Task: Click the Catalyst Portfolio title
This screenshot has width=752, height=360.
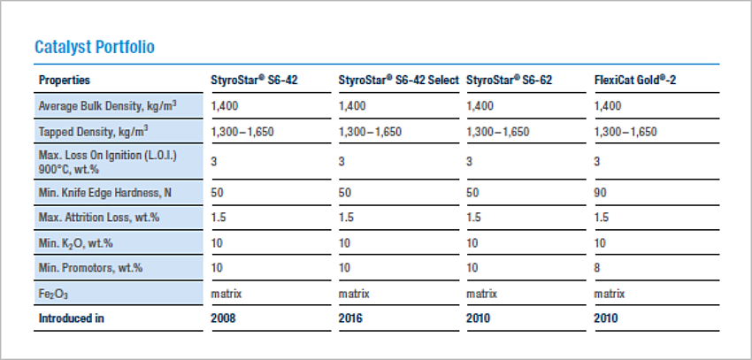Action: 95,47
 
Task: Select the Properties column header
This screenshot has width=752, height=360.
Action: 65,80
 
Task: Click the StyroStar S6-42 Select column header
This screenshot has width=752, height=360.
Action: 398,80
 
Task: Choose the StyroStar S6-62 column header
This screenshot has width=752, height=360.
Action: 509,80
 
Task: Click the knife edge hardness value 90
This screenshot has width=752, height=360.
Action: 600,192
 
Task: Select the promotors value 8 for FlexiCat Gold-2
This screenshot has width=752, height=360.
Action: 597,267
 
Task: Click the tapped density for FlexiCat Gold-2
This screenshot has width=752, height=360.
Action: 625,132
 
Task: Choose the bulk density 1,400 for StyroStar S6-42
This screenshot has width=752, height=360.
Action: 226,106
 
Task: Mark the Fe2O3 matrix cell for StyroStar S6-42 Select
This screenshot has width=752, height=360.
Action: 354,293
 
